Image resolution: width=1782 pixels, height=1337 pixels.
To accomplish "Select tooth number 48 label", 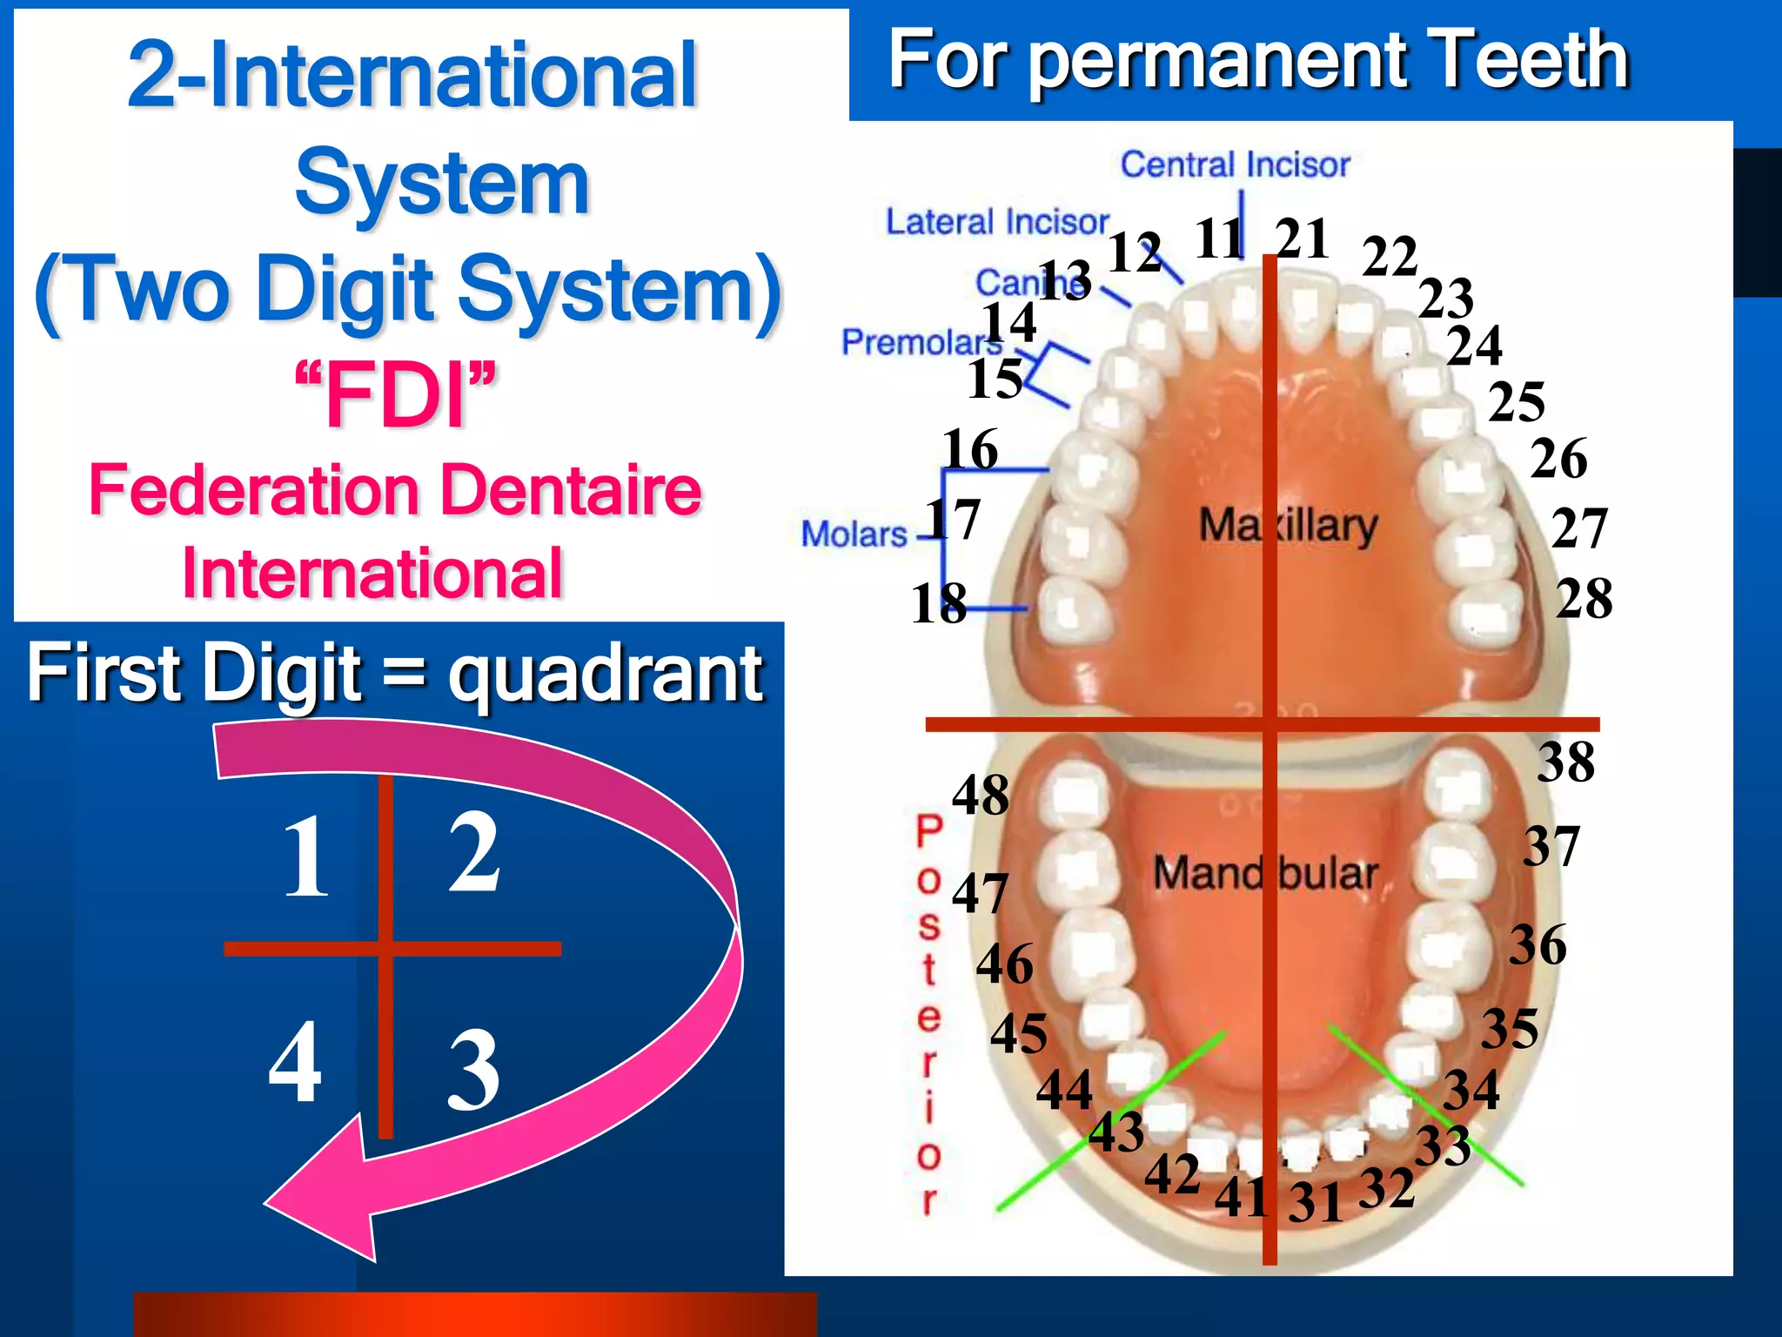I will point(980,795).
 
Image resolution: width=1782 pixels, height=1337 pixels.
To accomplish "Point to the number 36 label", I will point(1537,945).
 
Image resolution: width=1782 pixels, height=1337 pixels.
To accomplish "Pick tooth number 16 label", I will point(969,450).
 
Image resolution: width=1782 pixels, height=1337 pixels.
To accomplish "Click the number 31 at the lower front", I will point(1315,1204).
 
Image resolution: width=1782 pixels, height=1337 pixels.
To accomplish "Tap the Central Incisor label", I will point(1234,165).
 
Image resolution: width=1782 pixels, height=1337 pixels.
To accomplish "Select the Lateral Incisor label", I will point(997,222).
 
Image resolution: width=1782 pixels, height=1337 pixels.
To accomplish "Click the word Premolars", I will point(921,342).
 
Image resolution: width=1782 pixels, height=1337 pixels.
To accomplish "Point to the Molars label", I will point(854,534).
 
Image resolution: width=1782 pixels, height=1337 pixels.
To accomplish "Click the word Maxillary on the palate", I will point(1288,526).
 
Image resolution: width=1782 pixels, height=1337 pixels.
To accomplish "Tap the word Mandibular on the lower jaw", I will point(1265,872).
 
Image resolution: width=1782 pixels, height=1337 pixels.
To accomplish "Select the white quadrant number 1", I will point(306,857).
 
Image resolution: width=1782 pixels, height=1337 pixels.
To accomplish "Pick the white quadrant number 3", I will point(473,1071).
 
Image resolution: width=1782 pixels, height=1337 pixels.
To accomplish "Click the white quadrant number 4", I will point(295,1062).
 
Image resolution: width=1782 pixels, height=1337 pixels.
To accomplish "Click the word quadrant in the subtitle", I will point(606,674).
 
